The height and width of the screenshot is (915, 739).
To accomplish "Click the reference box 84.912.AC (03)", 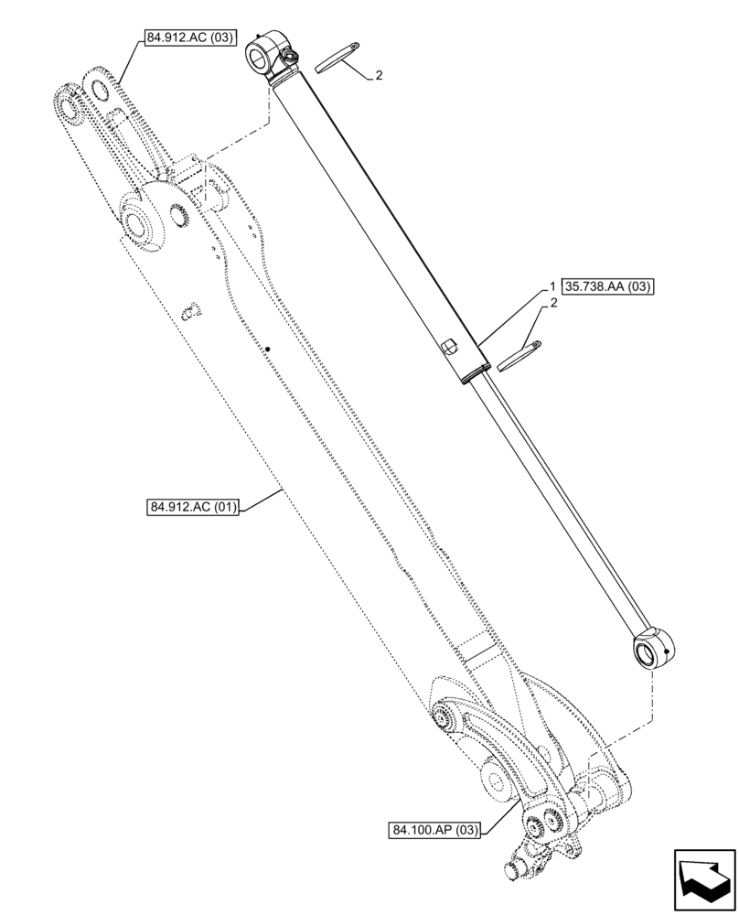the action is click(189, 38).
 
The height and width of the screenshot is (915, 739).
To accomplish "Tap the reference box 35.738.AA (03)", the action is click(609, 286).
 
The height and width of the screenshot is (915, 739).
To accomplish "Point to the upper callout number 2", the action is click(379, 76).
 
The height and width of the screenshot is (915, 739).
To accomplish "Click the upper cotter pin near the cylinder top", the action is click(337, 58).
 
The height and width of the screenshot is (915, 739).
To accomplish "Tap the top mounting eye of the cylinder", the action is click(264, 57).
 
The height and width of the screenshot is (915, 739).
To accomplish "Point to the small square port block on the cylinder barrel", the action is click(447, 346).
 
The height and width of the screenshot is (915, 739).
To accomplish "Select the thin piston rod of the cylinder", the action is click(558, 503).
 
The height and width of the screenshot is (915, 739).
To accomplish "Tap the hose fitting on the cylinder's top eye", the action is click(293, 59).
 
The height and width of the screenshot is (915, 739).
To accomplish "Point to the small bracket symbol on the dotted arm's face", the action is click(189, 311).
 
